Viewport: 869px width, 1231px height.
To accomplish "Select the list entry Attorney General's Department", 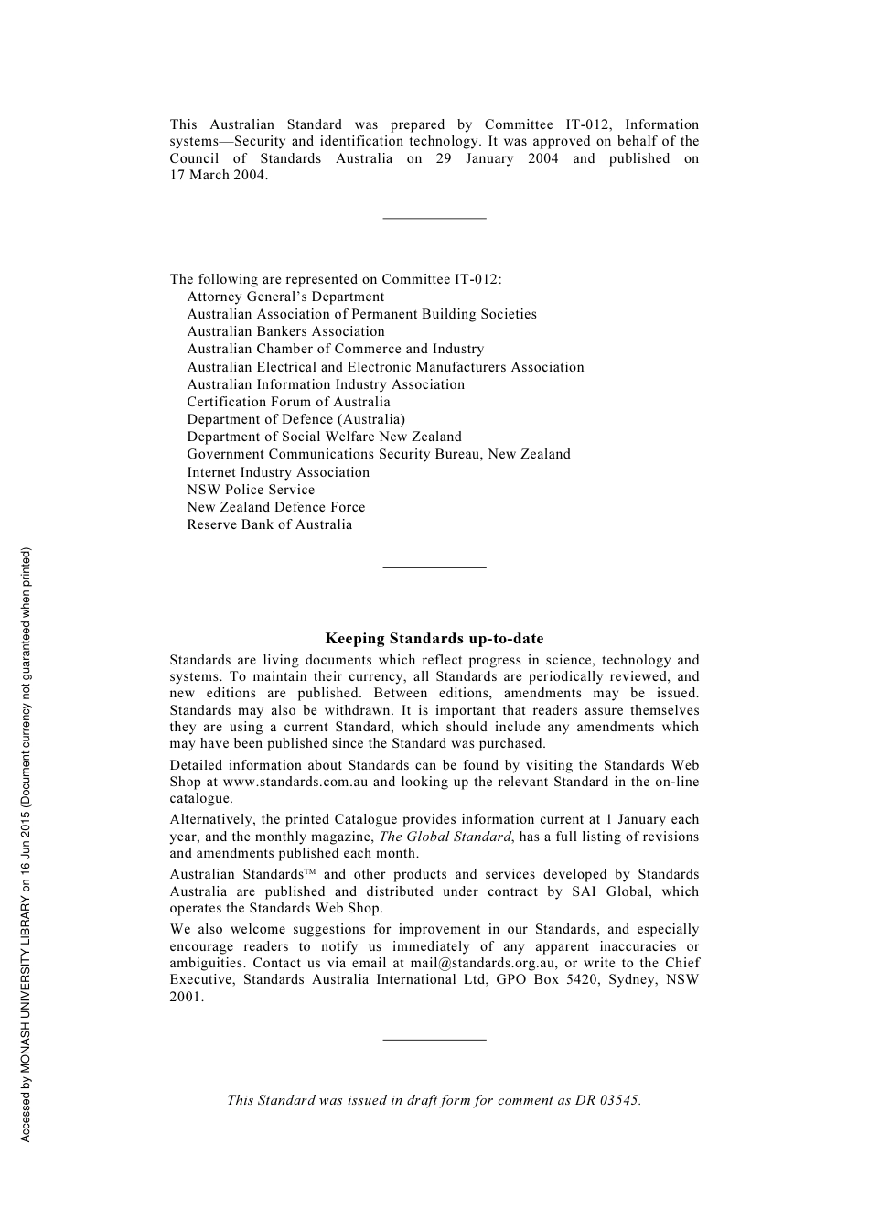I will [x=285, y=297].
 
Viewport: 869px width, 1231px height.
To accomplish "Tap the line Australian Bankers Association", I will [x=285, y=331].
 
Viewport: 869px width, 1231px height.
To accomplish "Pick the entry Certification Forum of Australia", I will [x=288, y=402].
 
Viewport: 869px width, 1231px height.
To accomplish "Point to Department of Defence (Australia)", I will [x=295, y=419].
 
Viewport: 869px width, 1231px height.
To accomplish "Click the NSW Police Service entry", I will [x=251, y=490].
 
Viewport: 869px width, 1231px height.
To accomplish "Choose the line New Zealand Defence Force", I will [x=276, y=507].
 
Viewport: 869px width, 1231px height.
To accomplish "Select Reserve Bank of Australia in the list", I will [x=269, y=524].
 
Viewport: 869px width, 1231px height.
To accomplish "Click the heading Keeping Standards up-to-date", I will [x=434, y=639].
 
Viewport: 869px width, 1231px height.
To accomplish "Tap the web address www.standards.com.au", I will [x=295, y=782].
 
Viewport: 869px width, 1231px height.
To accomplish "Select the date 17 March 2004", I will [x=218, y=175].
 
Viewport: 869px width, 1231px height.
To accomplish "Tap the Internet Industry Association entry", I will [x=278, y=472].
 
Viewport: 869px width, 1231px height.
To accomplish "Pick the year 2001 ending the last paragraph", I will [x=186, y=997].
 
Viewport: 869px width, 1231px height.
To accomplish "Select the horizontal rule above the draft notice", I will [x=434, y=1039].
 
